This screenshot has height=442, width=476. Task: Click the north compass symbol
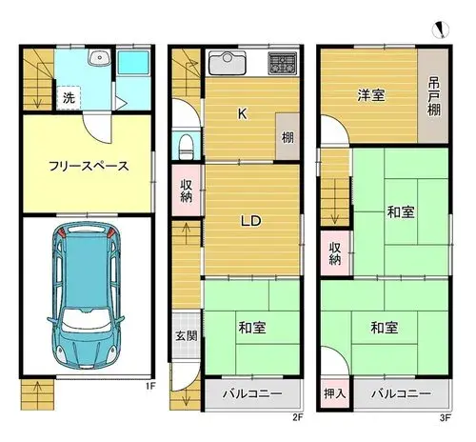pyautogui.click(x=441, y=30)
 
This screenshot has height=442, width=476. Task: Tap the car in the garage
pyautogui.click(x=86, y=295)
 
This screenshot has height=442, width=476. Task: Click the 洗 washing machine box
pyautogui.click(x=69, y=98)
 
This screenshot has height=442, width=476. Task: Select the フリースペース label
pyautogui.click(x=89, y=166)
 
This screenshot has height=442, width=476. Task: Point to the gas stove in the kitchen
pyautogui.click(x=282, y=63)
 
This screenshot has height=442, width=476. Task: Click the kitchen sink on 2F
pyautogui.click(x=228, y=63)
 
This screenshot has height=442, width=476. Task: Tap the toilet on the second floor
pyautogui.click(x=187, y=147)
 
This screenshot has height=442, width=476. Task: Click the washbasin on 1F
pyautogui.click(x=100, y=58)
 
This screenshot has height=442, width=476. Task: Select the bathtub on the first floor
pyautogui.click(x=133, y=63)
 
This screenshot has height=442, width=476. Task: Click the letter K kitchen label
pyautogui.click(x=243, y=113)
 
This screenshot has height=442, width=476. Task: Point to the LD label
pyautogui.click(x=250, y=220)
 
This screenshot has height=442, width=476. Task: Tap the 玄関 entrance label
pyautogui.click(x=187, y=335)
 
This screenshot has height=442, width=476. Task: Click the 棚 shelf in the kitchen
pyautogui.click(x=288, y=136)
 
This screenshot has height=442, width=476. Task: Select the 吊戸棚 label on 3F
pyautogui.click(x=434, y=97)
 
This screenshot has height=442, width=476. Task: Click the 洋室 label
pyautogui.click(x=371, y=95)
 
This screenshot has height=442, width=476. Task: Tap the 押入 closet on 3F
pyautogui.click(x=335, y=393)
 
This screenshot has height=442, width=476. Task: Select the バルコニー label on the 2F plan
pyautogui.click(x=252, y=394)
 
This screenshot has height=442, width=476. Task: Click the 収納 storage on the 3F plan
pyautogui.click(x=335, y=253)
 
